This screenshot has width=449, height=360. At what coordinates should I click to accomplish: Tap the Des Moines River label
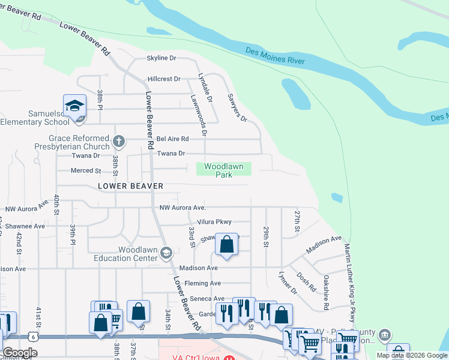pos(275,56)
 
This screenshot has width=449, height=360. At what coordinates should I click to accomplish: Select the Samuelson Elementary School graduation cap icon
pos(74,106)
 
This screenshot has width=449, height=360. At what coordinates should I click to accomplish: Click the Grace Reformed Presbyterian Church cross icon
pos(119,142)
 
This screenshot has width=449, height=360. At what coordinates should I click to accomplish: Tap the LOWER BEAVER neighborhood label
pos(130,186)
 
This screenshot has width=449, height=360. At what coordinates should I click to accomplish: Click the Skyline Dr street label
pos(161,58)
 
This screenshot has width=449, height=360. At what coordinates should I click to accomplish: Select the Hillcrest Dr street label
pos(164,79)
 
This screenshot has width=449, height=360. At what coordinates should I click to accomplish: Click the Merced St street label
pos(86,170)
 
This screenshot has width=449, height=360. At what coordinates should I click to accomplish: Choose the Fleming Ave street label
pos(203,283)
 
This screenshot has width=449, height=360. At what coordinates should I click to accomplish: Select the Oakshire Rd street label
pos(326,292)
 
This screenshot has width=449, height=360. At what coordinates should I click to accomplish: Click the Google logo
pos(20,353)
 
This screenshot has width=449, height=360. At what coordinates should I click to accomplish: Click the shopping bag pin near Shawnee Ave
pos(226,244)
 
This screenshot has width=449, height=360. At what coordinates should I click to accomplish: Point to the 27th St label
pos(297,222)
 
